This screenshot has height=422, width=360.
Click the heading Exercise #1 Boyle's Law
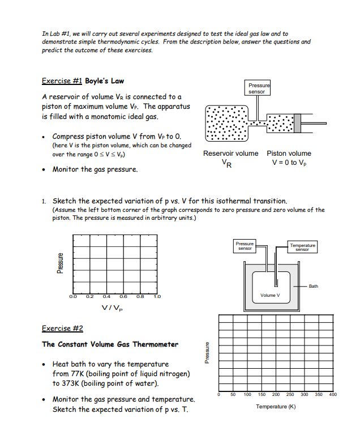[83, 80]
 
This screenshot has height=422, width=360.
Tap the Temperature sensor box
[302, 246]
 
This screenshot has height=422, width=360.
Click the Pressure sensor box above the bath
[245, 246]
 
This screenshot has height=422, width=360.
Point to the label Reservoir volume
[230, 154]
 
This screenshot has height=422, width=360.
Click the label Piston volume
[289, 154]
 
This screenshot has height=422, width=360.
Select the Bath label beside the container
[313, 286]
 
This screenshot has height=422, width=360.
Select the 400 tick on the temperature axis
[332, 394]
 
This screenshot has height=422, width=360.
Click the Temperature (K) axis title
[276, 407]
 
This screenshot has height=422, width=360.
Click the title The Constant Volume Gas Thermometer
[110, 344]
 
